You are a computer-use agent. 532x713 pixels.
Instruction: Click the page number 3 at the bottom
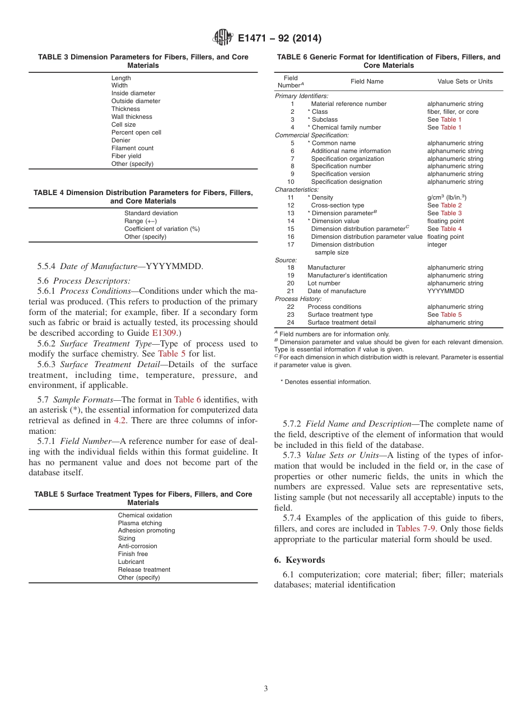(x=266, y=688)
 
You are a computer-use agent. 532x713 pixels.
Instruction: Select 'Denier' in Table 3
(x=120, y=140)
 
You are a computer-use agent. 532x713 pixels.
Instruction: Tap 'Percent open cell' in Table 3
(x=136, y=132)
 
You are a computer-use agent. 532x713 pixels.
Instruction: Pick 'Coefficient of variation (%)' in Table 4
(x=162, y=229)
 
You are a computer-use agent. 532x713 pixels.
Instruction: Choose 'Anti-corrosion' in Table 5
(x=137, y=546)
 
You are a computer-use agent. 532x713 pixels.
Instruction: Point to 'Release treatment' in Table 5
(x=144, y=570)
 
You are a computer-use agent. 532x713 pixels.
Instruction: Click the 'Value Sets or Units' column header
(x=465, y=81)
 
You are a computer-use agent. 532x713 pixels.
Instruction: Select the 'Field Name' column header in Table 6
(x=367, y=81)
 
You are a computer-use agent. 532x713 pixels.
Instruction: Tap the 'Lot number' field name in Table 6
(x=324, y=283)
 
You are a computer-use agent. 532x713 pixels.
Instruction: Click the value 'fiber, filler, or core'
(x=453, y=112)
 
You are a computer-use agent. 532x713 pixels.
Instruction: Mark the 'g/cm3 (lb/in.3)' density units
(x=447, y=197)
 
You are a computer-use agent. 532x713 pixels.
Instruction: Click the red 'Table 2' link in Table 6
(x=451, y=205)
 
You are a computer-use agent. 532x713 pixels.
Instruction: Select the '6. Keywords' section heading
(x=300, y=560)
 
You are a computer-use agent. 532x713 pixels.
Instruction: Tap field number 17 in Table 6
(x=291, y=244)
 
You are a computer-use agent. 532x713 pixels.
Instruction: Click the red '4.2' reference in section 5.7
(x=120, y=420)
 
